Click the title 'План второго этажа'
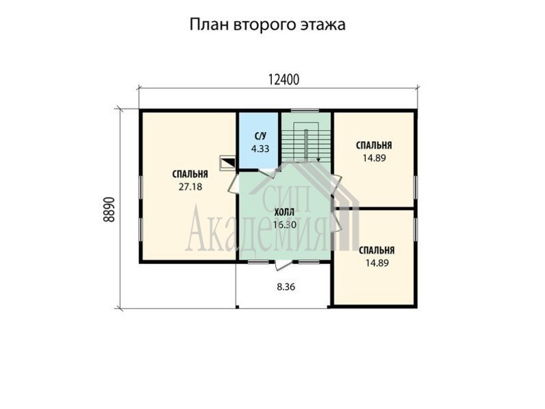pos(267,25)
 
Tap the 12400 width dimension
pos(283,80)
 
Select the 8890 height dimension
pos(109,210)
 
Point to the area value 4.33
pos(260,149)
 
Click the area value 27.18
pos(190,187)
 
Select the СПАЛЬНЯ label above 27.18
pos(190,174)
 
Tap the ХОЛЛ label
pos(284,212)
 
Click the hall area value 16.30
pos(284,225)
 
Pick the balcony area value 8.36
pos(286,287)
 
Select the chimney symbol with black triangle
pos(228,163)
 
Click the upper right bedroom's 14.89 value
pos(374,158)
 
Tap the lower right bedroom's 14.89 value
pos(377,263)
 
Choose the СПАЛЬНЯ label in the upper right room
pos(374,145)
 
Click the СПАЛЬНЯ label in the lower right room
pos(377,250)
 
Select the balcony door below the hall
pos(283,265)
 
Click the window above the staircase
pos(305,111)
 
